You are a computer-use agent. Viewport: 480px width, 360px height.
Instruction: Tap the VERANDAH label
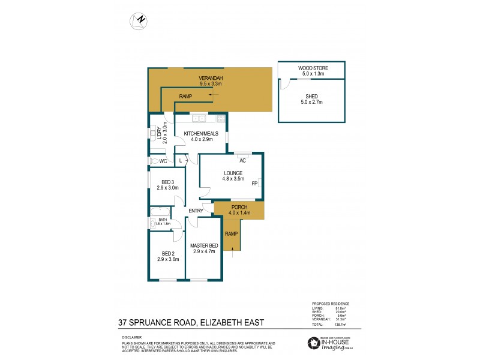[x=211, y=79]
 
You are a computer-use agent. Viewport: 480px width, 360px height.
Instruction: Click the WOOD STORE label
[x=311, y=68]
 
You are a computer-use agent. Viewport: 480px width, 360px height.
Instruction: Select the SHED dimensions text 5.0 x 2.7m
[x=311, y=103]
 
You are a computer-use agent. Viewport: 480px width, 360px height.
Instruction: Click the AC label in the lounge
[x=243, y=161]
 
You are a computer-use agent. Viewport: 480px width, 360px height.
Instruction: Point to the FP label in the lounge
[x=254, y=183]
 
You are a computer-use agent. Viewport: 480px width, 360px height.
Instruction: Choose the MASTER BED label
[x=204, y=246]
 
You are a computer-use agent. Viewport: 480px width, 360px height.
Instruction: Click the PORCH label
[x=239, y=207]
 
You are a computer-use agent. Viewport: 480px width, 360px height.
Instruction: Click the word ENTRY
[x=196, y=211]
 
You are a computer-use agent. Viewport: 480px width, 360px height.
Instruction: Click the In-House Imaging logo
[x=328, y=343]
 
